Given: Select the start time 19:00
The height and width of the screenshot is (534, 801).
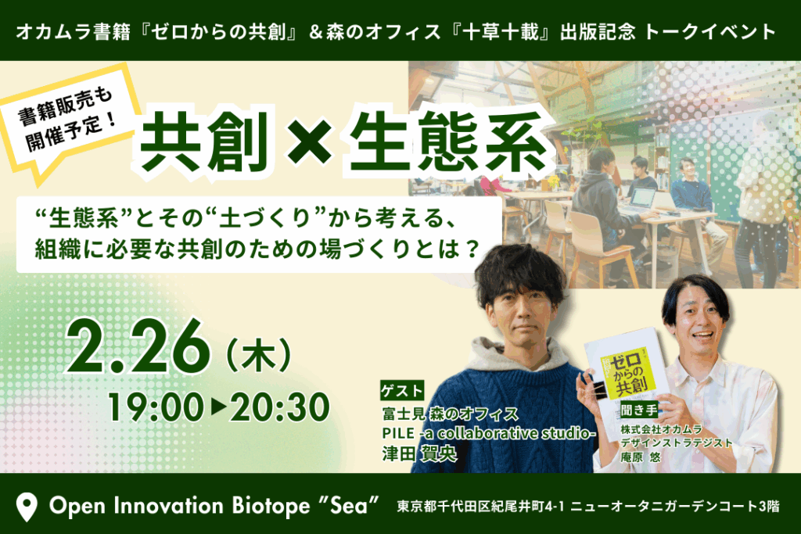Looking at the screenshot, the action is [x=156, y=407].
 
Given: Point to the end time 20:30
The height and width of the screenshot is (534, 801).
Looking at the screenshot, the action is [x=279, y=407].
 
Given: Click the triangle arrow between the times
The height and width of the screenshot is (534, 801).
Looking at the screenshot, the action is [x=217, y=407].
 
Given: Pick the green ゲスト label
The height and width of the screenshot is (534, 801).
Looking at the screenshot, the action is [x=402, y=391].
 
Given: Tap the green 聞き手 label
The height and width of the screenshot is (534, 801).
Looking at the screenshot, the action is [x=639, y=410].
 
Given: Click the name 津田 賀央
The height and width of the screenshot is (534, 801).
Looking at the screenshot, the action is [x=419, y=453].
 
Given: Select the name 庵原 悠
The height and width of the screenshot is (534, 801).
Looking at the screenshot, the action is [x=640, y=457].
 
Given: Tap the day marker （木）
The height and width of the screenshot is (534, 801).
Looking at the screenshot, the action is [x=258, y=355].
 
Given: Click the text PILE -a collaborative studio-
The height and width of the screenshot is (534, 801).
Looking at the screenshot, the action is [x=489, y=433].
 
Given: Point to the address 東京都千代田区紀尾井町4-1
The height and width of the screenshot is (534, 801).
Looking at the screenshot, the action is [x=481, y=507].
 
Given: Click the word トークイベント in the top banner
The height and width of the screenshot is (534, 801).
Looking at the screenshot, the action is [x=709, y=31].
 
